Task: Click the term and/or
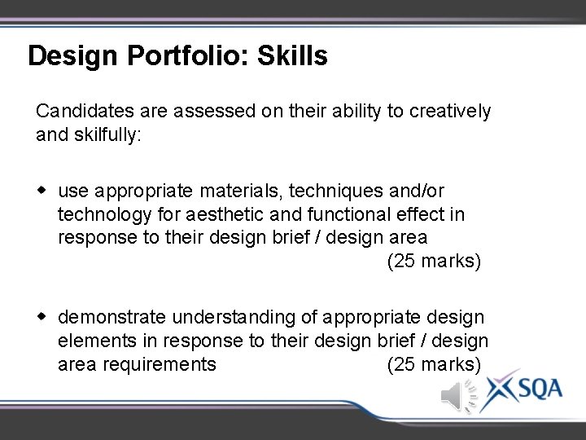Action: point(416,191)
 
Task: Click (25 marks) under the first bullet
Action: point(434,262)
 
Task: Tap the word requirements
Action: point(160,364)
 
